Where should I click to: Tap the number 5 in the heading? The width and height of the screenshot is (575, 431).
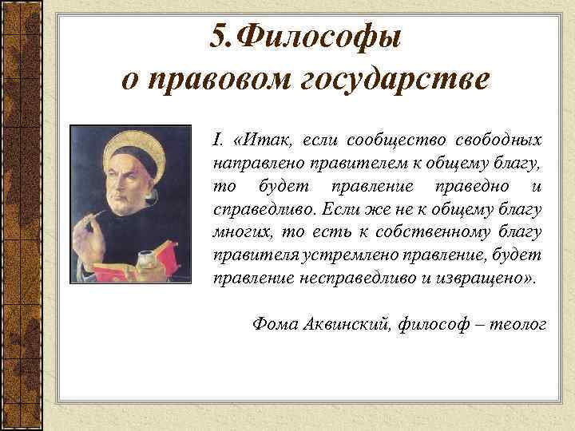220,35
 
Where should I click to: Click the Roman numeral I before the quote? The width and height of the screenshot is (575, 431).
216,141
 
